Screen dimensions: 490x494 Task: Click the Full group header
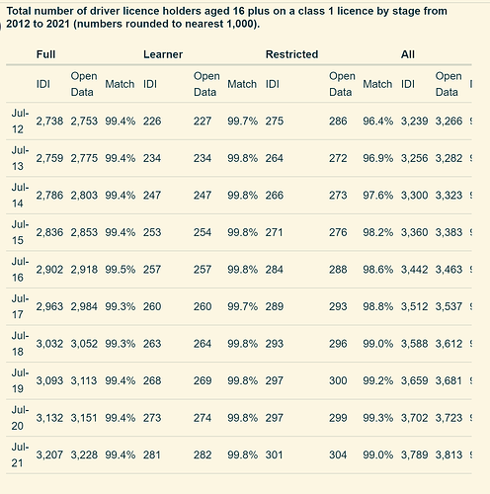click(x=45, y=54)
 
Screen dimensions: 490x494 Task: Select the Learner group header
click(x=163, y=54)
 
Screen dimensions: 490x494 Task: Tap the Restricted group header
click(x=291, y=54)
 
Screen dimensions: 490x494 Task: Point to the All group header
click(x=408, y=54)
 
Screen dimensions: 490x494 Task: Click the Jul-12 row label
click(x=20, y=121)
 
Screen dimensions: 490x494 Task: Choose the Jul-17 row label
click(x=20, y=306)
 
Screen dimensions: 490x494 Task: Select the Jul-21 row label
click(x=20, y=454)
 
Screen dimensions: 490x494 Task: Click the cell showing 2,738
click(x=49, y=121)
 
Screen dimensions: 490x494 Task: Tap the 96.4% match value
click(x=377, y=121)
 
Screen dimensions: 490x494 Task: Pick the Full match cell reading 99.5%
click(x=121, y=270)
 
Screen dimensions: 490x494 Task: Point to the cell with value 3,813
click(x=449, y=454)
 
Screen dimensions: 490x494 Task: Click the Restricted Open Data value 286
click(x=338, y=121)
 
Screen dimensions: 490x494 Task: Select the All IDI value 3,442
click(x=414, y=270)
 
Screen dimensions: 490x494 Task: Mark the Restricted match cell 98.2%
click(x=377, y=232)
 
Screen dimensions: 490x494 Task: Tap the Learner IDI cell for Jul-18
click(x=152, y=344)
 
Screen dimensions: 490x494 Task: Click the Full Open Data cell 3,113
click(x=84, y=380)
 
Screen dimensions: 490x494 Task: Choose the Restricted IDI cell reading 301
click(x=274, y=454)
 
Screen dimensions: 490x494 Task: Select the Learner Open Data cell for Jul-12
click(x=203, y=121)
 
